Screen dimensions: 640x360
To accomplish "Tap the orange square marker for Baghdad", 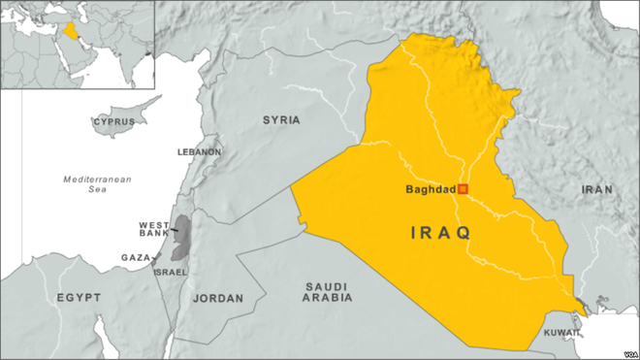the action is point(464,188).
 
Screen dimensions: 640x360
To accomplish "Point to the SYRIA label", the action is point(281,120).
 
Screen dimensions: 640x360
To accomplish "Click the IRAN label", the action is point(596,190).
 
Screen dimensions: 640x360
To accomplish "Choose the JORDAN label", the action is point(219,299).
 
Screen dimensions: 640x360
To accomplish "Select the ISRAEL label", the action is point(171,272).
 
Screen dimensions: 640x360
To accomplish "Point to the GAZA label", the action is point(135,257).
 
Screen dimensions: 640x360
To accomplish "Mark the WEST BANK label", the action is point(155,230).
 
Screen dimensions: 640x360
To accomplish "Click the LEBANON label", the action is point(199,152).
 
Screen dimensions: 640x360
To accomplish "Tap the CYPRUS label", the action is point(113,122).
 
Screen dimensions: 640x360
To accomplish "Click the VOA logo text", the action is point(624,352).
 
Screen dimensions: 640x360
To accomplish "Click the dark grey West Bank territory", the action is point(180,239).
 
